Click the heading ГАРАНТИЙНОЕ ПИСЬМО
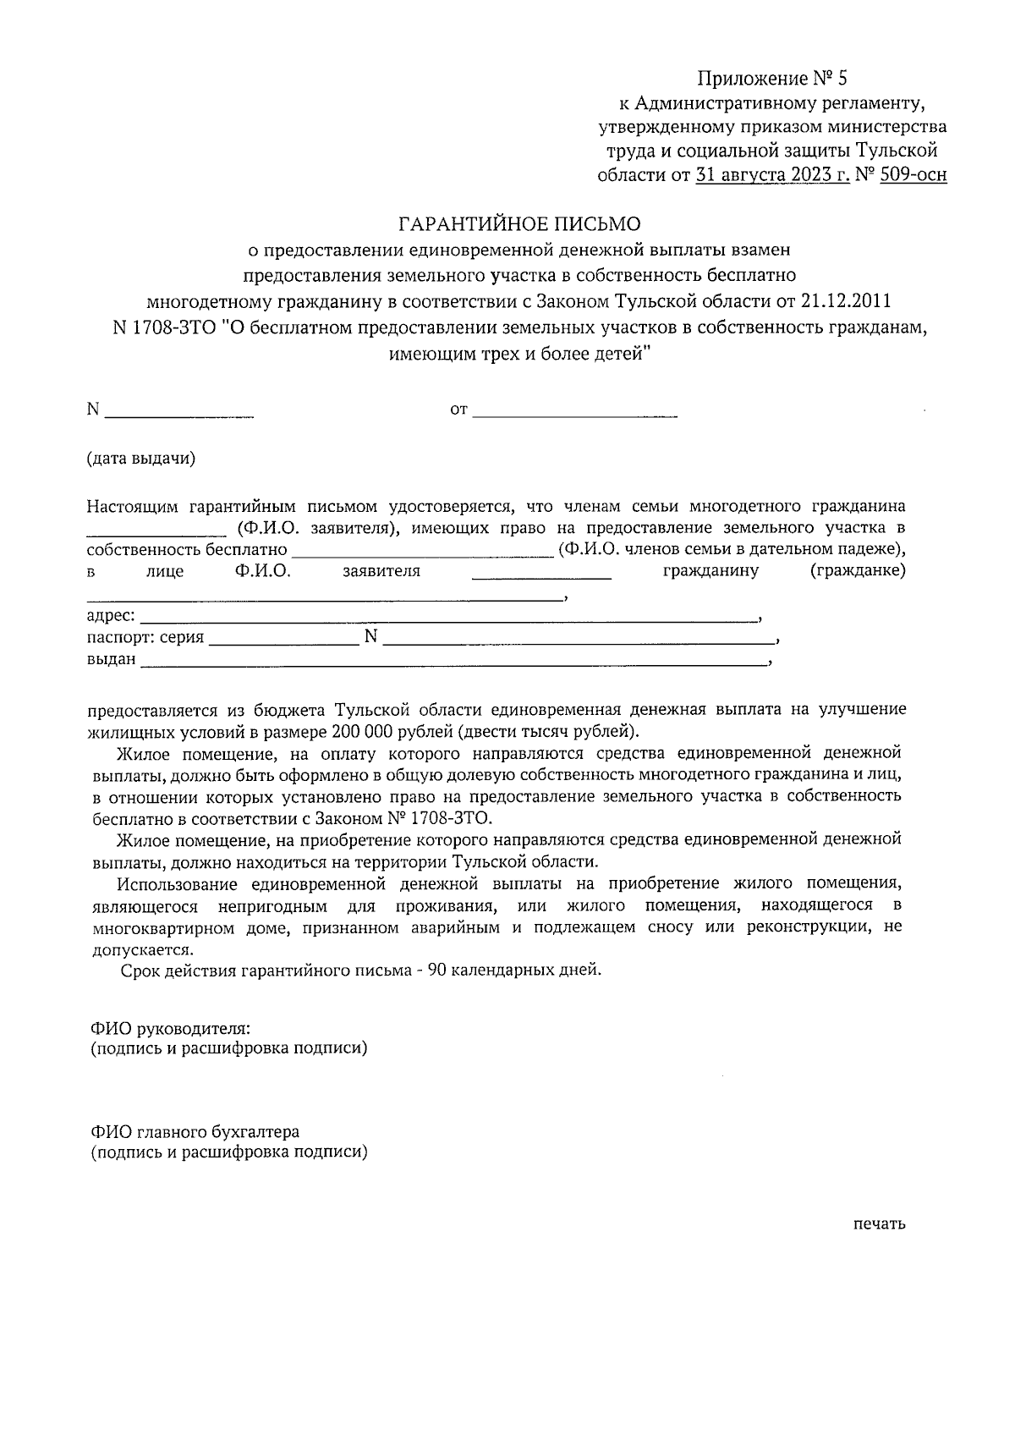click(x=519, y=224)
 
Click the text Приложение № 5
click(x=771, y=80)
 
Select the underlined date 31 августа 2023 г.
click(x=772, y=176)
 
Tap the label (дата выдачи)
click(x=141, y=459)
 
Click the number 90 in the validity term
click(x=437, y=970)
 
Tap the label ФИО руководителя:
click(x=171, y=1027)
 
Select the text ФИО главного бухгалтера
click(x=195, y=1131)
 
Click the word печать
click(x=880, y=1223)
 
